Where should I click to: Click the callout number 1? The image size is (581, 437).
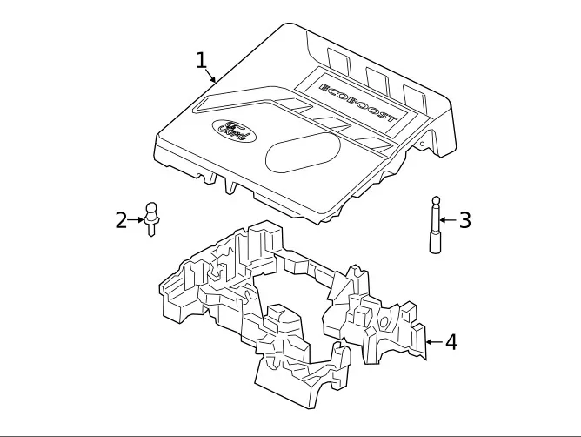pos(201,60)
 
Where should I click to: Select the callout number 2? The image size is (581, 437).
pos(121,220)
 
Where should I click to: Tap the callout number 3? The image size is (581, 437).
pos(465,220)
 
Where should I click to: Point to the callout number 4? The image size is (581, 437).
pos(451,342)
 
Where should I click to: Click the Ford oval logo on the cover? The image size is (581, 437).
pos(234,131)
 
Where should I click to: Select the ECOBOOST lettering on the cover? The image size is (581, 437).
pos(358,103)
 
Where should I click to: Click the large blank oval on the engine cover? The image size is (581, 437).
pos(303,152)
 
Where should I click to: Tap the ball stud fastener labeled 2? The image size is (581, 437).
pos(151,219)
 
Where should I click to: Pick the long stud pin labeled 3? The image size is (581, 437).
pos(437,225)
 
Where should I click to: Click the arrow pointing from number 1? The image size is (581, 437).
pos(210,76)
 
